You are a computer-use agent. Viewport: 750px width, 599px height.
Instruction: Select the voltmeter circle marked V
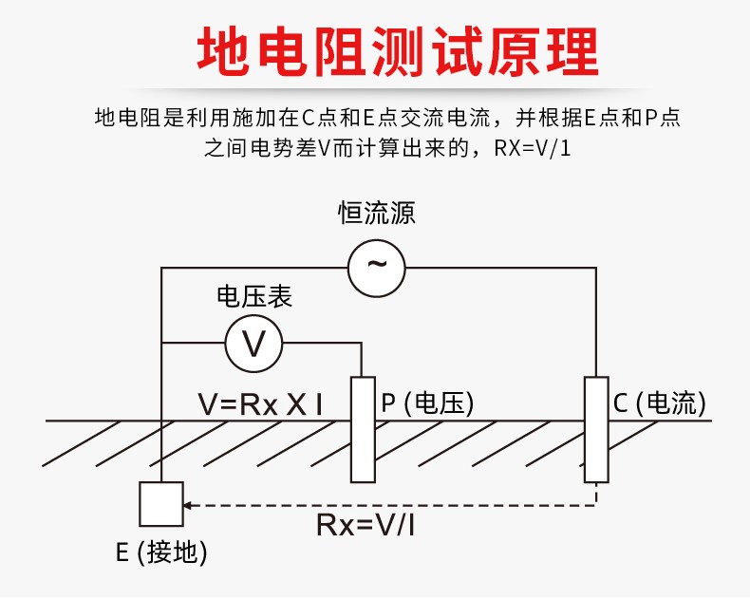click(254, 343)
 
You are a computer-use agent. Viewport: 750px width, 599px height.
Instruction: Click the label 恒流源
click(377, 212)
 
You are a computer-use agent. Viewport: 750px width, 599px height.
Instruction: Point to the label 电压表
click(254, 296)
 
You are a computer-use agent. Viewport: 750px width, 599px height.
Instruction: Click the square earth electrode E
click(161, 503)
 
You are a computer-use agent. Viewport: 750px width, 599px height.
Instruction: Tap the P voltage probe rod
click(363, 428)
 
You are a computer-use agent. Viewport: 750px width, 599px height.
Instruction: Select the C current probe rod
click(596, 428)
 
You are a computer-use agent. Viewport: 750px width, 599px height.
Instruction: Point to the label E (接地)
click(161, 552)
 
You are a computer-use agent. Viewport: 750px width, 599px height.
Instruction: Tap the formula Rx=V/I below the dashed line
click(365, 525)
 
